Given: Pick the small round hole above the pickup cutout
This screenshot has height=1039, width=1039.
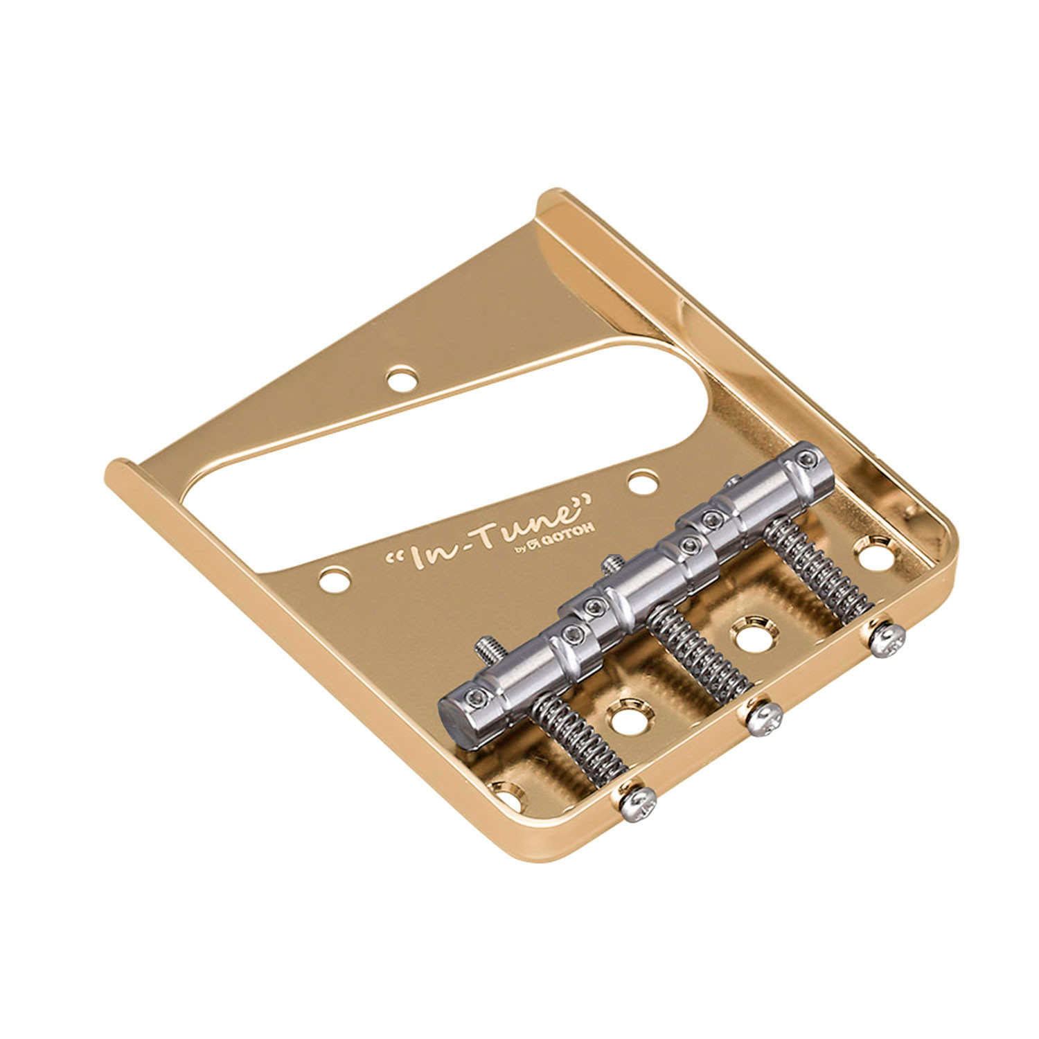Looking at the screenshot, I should click(x=402, y=380).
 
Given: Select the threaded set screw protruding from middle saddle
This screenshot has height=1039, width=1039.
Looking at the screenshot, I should click(x=609, y=564).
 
